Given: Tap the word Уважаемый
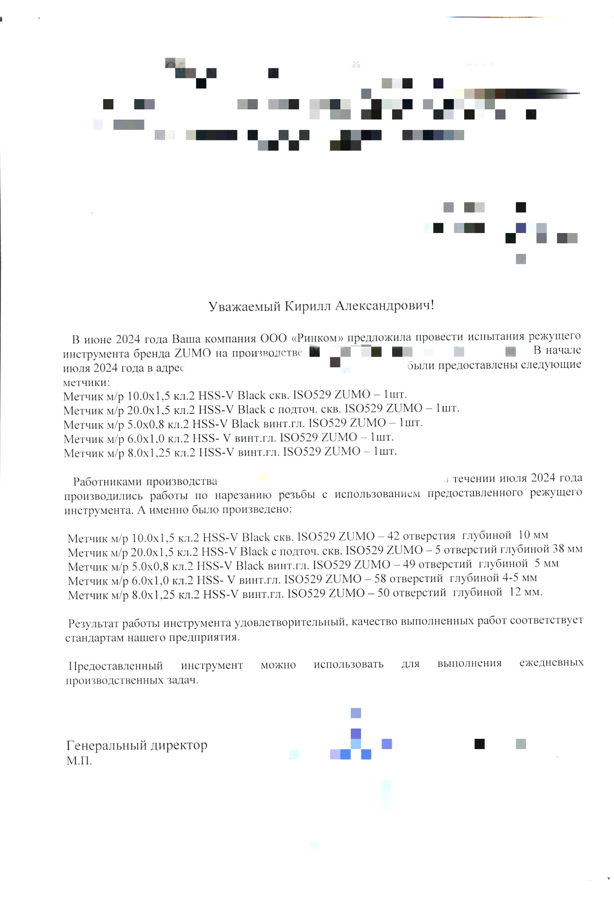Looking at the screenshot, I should coord(244,306).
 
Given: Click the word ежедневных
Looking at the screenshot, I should coord(551,663).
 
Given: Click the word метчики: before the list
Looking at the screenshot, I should coord(86,383).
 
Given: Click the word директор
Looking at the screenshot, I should coord(179,745).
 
